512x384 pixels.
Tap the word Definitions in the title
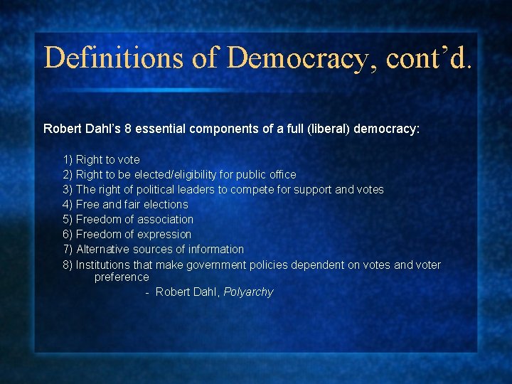tap(114, 57)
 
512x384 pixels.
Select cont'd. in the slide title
tap(429, 57)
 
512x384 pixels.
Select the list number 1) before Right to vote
tap(68, 159)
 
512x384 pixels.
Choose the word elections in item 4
tap(165, 204)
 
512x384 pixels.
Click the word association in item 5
tap(165, 219)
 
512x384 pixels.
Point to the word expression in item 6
tap(164, 234)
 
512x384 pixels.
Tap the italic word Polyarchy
tap(248, 292)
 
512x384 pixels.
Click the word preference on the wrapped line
tap(122, 277)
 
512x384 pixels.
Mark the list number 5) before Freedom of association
tap(68, 219)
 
